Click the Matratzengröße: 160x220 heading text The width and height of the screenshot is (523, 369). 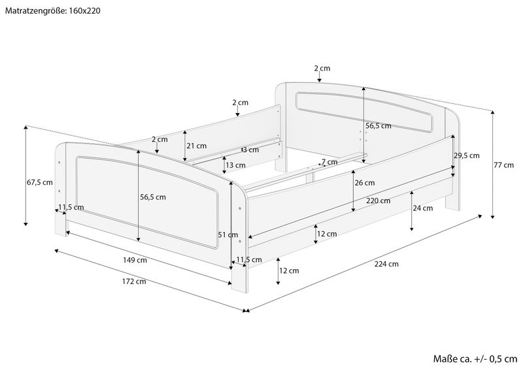click(53, 10)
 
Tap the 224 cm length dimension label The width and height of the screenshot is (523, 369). click(386, 264)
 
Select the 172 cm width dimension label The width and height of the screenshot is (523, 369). click(134, 281)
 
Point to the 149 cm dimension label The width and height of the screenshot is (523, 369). click(135, 260)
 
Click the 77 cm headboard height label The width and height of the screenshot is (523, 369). click(504, 165)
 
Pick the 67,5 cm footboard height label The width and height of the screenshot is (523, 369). click(40, 182)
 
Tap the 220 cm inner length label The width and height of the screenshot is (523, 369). click(378, 201)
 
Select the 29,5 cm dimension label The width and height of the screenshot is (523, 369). click(467, 155)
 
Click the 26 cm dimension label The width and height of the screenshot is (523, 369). click(365, 183)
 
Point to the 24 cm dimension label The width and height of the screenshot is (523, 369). click(423, 208)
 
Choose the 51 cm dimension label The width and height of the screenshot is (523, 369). click(228, 234)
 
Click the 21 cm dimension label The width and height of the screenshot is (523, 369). click(197, 146)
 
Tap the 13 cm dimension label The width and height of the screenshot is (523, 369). click(235, 165)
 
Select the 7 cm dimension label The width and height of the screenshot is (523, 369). click(329, 162)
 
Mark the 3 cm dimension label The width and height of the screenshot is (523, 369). click(251, 150)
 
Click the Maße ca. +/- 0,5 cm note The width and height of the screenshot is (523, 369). click(475, 359)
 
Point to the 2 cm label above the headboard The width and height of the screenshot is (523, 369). click(322, 69)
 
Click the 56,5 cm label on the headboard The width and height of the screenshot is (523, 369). click(379, 126)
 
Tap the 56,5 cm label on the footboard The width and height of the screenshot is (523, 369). click(153, 197)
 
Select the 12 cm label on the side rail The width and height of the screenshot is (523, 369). click(327, 234)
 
